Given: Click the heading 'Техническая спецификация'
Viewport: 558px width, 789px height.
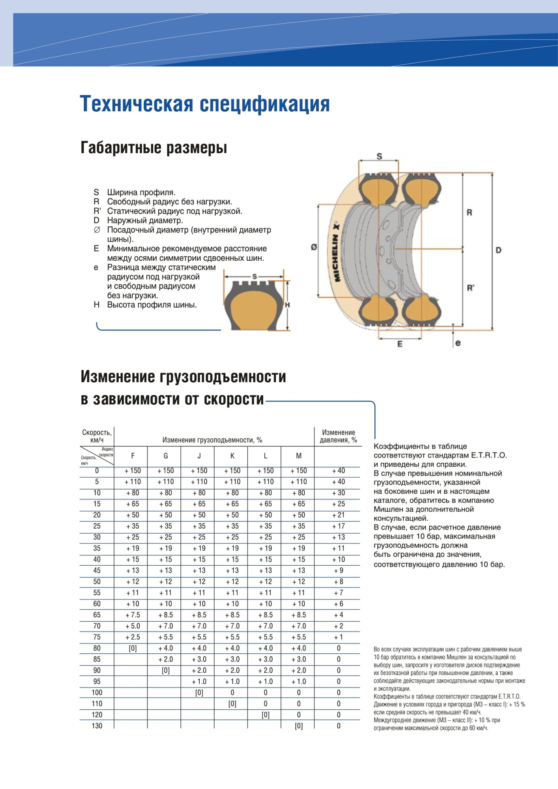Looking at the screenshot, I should click(x=205, y=104).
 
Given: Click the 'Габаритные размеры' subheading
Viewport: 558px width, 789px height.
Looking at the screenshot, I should click(x=154, y=148).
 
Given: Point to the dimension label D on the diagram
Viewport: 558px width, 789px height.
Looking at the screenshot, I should click(x=498, y=250).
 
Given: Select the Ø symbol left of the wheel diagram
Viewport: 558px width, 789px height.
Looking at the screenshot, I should click(x=314, y=247).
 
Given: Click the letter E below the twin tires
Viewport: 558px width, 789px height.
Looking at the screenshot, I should click(x=400, y=344).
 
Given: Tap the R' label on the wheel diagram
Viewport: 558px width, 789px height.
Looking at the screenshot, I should click(x=470, y=288).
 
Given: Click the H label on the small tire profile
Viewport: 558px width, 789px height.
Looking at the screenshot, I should click(x=287, y=305).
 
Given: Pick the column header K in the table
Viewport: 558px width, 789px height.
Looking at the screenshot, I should click(x=232, y=456).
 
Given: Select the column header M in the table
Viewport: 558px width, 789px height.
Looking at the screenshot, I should click(x=299, y=456).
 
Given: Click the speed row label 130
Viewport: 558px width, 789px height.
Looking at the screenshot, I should click(x=97, y=726).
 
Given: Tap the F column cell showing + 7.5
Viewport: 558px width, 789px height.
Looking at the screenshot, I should click(x=133, y=615).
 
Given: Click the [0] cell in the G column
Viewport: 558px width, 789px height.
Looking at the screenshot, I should click(x=166, y=670).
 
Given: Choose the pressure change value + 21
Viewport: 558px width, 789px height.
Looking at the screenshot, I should click(x=338, y=515).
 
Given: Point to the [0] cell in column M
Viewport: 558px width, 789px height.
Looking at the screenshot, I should click(x=299, y=726).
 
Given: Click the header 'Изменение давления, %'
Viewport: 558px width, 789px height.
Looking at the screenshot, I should click(x=338, y=436).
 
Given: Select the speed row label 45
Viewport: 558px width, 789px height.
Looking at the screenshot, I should click(x=97, y=570).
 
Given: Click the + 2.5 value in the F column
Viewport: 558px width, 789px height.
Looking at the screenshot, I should click(x=133, y=637).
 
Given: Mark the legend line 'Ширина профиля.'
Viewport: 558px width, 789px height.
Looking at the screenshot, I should click(x=141, y=193).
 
